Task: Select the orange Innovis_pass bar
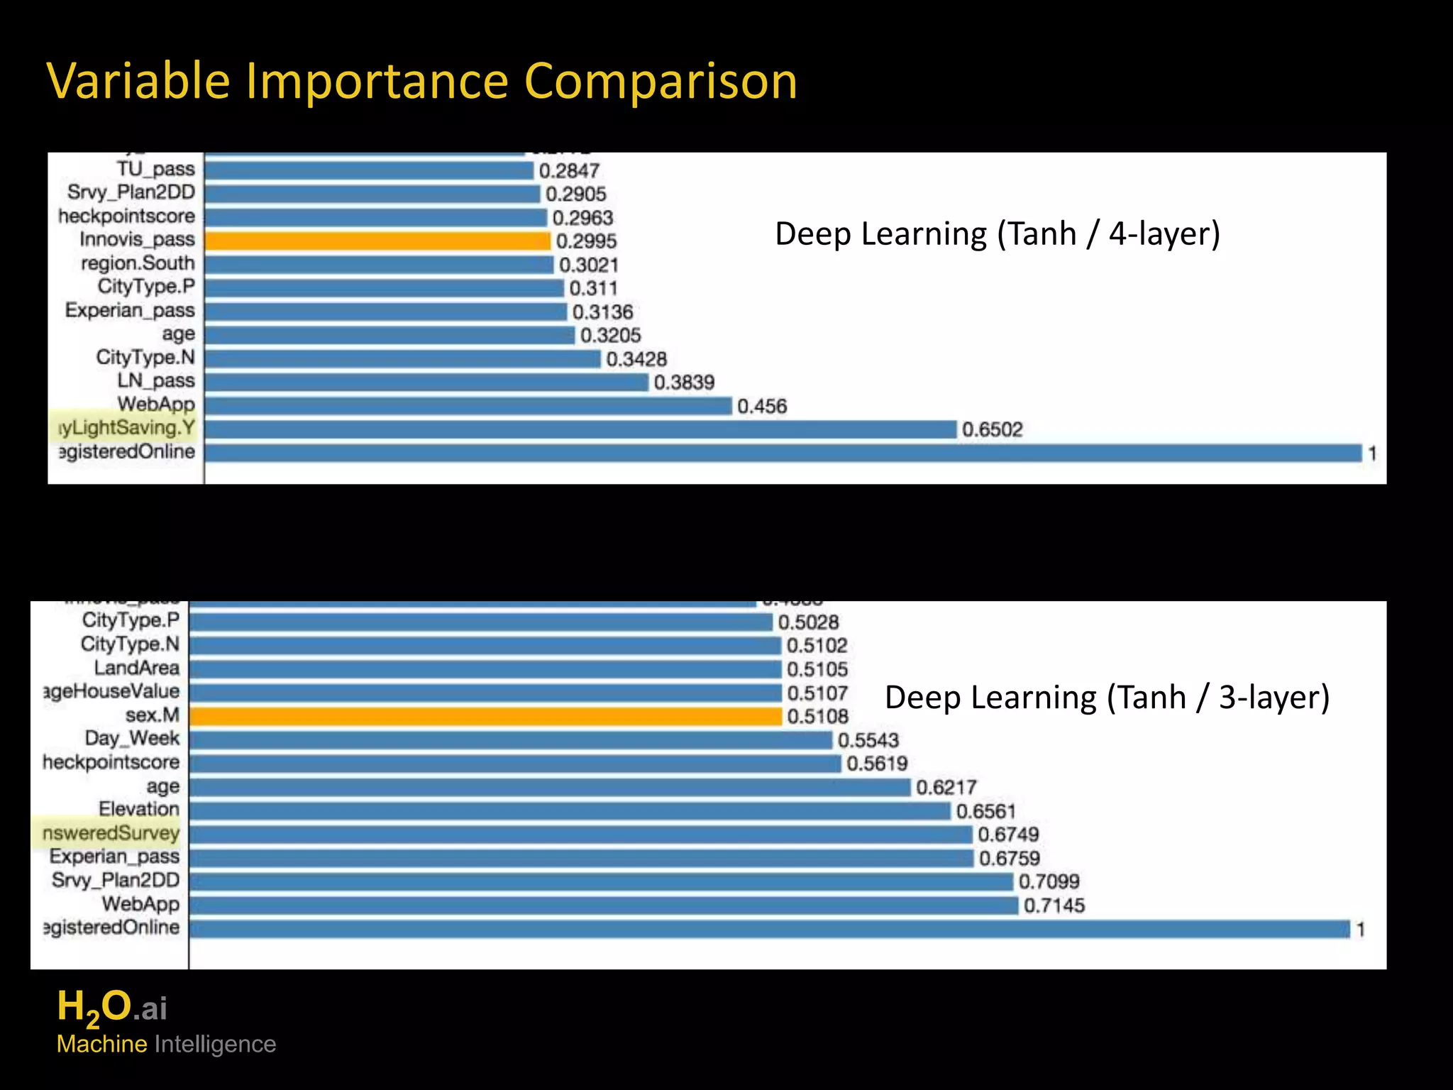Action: coord(377,241)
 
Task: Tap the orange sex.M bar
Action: coord(485,716)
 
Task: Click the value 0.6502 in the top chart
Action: coord(992,429)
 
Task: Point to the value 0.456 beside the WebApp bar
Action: coord(762,406)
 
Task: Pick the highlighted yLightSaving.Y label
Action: coord(126,428)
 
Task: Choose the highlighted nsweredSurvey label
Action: coord(111,833)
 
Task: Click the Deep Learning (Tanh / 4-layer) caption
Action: coord(997,233)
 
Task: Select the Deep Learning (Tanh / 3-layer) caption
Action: coord(1107,697)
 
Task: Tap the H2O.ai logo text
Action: coord(112,1008)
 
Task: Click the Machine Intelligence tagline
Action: coord(166,1044)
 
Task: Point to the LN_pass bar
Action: coord(426,382)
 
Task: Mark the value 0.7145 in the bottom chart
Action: coord(1054,905)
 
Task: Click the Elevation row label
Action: coord(139,809)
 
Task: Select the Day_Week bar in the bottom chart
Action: coord(511,740)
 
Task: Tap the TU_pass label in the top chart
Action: coord(155,169)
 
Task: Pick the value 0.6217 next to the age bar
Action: coord(946,787)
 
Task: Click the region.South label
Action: coord(138,263)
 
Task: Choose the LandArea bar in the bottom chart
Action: coord(485,669)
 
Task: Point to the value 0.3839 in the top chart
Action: coord(684,382)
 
